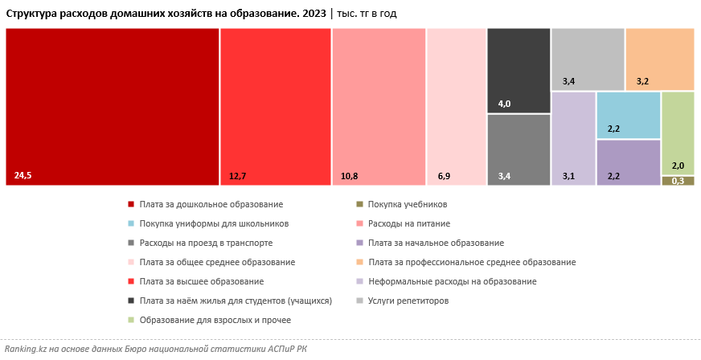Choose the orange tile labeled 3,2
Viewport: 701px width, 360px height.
[x=659, y=59]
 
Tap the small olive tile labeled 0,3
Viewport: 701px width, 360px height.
[x=678, y=181]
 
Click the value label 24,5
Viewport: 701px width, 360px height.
[x=23, y=174]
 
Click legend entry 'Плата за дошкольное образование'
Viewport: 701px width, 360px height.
[x=211, y=205]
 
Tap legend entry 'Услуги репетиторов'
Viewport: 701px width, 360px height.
[x=408, y=301]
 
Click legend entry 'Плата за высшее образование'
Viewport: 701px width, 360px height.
[x=201, y=282]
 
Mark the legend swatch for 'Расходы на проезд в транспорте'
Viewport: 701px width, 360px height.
[x=130, y=243]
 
